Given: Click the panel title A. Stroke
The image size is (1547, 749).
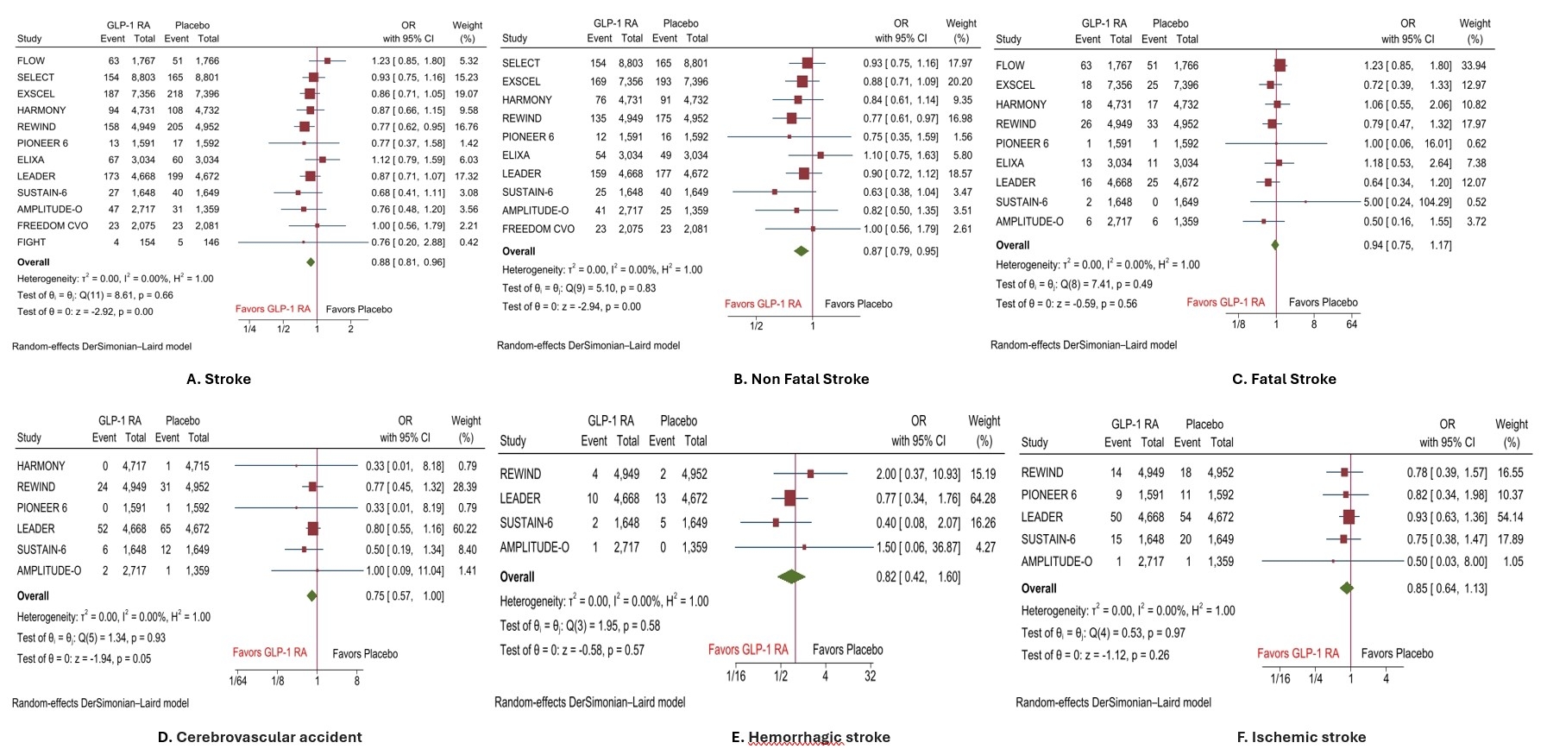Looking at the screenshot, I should [x=218, y=379].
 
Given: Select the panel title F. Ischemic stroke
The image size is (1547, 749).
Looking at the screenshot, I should [x=1301, y=737].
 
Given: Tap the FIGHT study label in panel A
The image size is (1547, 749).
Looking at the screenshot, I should [x=32, y=242].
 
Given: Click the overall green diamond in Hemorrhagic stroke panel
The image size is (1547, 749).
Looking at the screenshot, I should [x=791, y=576].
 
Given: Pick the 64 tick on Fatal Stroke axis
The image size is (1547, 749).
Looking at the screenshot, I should [x=1351, y=324].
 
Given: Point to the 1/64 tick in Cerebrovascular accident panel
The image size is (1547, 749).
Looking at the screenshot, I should [x=237, y=681].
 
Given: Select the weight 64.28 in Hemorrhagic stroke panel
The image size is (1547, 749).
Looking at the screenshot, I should [x=983, y=499].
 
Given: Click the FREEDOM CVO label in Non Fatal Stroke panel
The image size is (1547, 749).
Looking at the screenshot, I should [x=538, y=230].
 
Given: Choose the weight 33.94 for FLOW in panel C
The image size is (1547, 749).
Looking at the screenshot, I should [x=1474, y=66].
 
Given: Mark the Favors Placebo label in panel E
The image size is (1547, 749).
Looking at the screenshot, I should [x=847, y=650].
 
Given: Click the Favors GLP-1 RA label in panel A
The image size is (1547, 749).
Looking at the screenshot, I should [x=273, y=309].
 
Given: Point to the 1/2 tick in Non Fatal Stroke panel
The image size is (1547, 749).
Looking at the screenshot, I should [x=757, y=326].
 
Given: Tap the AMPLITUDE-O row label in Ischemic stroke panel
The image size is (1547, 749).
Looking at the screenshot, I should [x=1056, y=562].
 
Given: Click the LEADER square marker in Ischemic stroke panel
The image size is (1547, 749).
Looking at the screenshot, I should [x=1349, y=517].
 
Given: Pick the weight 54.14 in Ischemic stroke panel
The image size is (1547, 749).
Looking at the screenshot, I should [x=1511, y=518].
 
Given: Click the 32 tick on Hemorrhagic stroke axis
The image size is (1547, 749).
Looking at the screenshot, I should [x=870, y=677].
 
